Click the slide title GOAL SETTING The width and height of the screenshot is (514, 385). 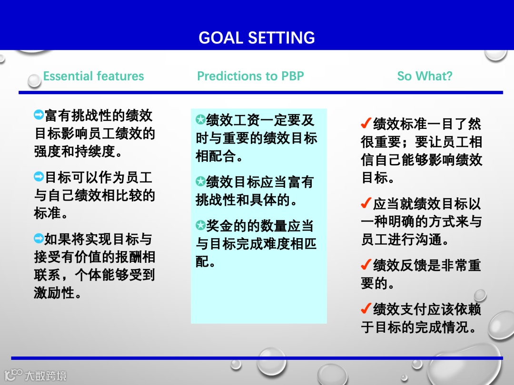(x=257, y=38)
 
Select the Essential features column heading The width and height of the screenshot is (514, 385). (x=93, y=76)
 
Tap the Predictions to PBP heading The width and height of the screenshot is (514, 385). (x=250, y=76)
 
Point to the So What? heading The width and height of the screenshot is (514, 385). (x=425, y=76)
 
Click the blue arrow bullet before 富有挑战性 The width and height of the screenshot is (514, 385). (x=39, y=115)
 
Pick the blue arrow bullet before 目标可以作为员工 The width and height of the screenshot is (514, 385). (x=39, y=176)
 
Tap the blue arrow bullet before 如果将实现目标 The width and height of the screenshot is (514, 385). (x=39, y=238)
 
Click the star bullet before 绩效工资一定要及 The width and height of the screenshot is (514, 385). (x=201, y=119)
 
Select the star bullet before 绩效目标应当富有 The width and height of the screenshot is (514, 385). (x=201, y=182)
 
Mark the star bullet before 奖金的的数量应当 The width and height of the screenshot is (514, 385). (x=201, y=225)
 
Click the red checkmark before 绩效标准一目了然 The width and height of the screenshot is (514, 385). (x=366, y=123)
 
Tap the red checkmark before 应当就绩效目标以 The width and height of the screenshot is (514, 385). (x=366, y=203)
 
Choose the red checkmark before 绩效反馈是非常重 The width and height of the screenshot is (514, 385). (x=366, y=265)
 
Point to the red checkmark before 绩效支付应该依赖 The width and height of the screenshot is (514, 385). (x=366, y=308)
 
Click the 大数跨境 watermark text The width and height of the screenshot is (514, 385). (x=46, y=375)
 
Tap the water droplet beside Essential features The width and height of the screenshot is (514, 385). (x=34, y=80)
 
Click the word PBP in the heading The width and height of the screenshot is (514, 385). (x=292, y=76)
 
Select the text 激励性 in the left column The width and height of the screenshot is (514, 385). (x=54, y=292)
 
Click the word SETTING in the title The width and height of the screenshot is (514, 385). (x=282, y=38)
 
